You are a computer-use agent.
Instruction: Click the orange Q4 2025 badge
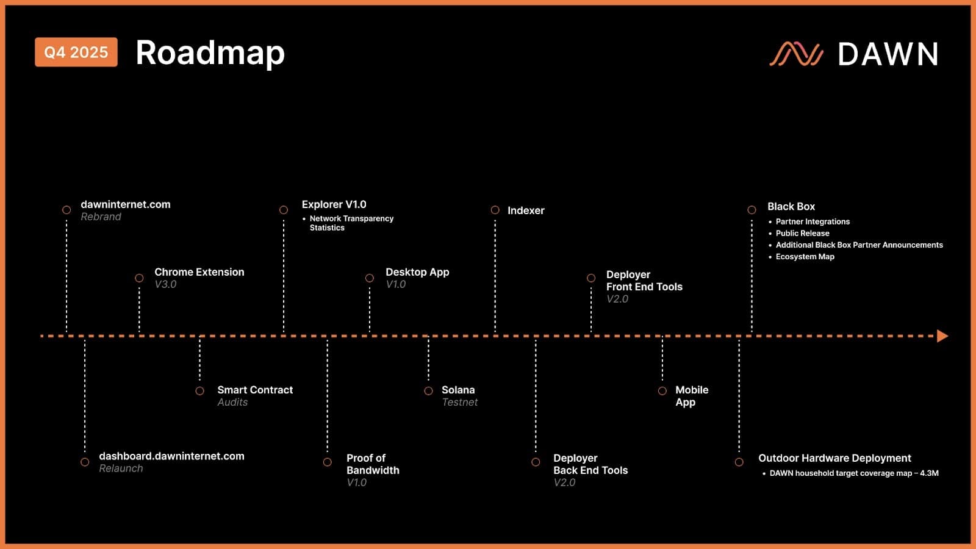tap(76, 52)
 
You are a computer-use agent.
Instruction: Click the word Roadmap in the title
tap(210, 53)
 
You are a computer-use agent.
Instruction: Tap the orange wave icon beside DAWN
tap(796, 54)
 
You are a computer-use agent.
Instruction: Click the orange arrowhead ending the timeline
tap(942, 336)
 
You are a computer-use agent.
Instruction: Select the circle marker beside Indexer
tap(495, 210)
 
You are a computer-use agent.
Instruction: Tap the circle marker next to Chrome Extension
tap(139, 278)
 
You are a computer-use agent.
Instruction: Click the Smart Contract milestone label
tap(255, 390)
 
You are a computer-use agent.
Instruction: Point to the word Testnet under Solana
tap(459, 402)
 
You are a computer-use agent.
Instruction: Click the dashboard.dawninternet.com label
tap(171, 456)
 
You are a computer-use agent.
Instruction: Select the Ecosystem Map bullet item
tap(805, 257)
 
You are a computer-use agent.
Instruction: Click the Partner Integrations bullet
tap(813, 221)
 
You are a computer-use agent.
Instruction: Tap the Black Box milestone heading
tap(791, 207)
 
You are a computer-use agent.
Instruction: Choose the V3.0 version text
tap(165, 284)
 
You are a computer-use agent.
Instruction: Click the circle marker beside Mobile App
tap(662, 390)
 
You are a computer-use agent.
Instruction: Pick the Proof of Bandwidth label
tap(373, 464)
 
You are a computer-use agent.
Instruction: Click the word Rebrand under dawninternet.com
tap(101, 217)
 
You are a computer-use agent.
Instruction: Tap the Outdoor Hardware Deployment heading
tap(834, 458)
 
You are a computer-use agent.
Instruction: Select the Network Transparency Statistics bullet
tap(351, 223)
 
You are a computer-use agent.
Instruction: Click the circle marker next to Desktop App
tap(370, 278)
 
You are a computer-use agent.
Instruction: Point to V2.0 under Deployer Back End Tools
tap(564, 483)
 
